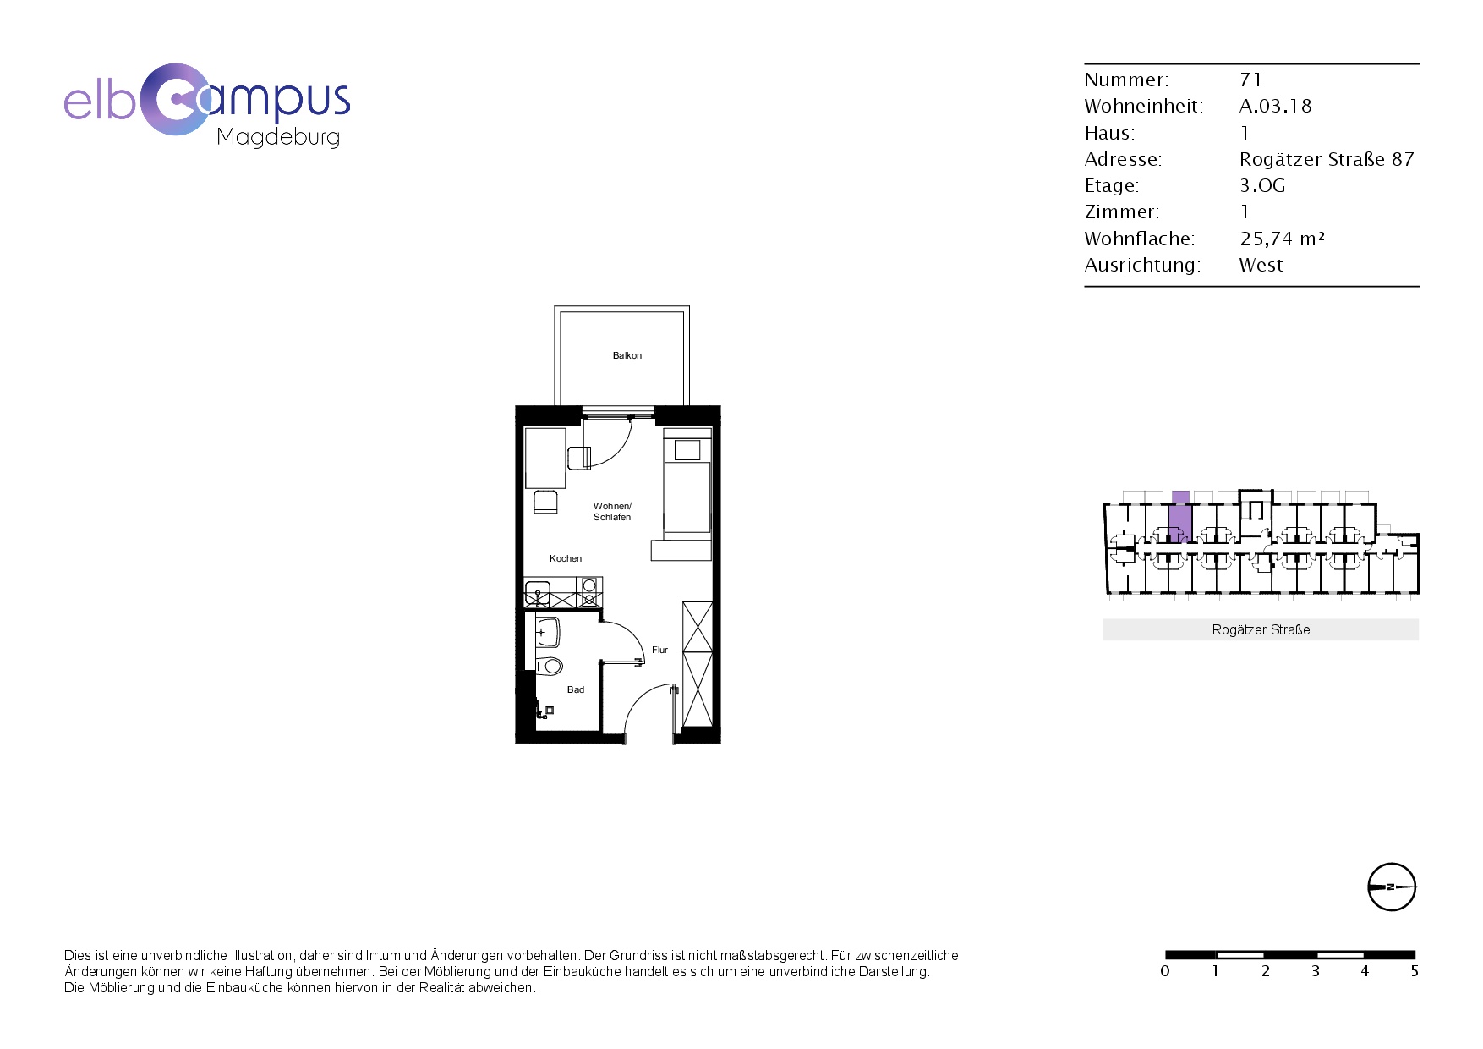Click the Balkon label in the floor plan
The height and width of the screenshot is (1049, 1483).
pos(627,356)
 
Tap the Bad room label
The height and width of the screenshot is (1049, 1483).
pos(576,689)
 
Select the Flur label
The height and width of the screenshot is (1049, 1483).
pos(659,650)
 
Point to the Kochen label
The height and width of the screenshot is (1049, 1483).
pos(566,558)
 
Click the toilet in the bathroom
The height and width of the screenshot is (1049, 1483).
pos(549,666)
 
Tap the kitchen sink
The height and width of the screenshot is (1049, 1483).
pos(538,593)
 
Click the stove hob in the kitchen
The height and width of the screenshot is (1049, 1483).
pos(589,591)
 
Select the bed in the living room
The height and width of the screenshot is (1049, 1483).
pos(687,486)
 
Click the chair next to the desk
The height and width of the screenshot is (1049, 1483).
pos(545,501)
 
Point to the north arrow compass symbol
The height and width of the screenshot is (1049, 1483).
pos(1391,887)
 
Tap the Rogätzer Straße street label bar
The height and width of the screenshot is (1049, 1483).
pos(1260,629)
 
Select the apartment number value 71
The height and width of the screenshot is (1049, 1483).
pos(1250,80)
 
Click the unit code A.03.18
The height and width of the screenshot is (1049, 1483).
pos(1275,106)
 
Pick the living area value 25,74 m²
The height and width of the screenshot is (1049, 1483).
pos(1282,239)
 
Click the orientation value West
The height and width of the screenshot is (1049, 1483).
pos(1261,265)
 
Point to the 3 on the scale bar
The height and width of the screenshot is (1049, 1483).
pos(1315,971)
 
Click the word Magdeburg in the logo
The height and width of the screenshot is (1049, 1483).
pos(278,137)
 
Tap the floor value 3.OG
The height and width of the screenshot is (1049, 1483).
pos(1262,185)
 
